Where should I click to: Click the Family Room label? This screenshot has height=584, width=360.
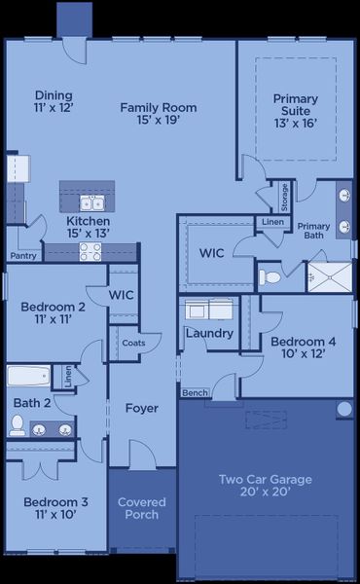coord(159,107)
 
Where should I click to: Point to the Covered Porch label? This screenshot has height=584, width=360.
coord(142,508)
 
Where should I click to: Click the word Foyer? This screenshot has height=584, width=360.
coord(142,409)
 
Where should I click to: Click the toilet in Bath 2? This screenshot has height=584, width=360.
coord(17,424)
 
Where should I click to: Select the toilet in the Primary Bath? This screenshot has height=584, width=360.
coord(270,277)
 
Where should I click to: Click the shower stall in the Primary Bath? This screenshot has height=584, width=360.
coord(327,274)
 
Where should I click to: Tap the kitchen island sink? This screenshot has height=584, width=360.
coord(92,203)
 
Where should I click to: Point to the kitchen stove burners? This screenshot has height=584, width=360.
coord(90,251)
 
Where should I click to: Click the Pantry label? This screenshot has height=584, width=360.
coord(23,257)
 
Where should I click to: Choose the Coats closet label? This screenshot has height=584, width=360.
coord(133,343)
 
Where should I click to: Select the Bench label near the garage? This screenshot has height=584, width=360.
coord(194,392)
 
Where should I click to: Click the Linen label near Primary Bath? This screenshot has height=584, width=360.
coord(270,223)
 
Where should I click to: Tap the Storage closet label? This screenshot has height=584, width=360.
coord(284,197)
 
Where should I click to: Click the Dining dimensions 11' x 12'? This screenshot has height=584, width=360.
coord(54,108)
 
